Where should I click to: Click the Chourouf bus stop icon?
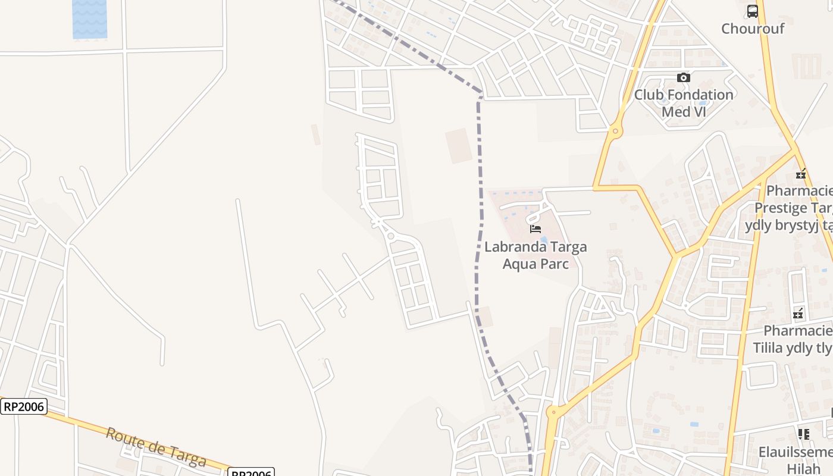click(x=753, y=11)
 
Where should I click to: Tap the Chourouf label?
click(x=753, y=29)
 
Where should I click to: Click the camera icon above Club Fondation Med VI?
click(x=684, y=77)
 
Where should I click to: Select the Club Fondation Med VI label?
click(x=684, y=103)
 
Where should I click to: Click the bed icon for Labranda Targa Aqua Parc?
click(x=535, y=228)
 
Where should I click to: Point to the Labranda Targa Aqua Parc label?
click(x=535, y=255)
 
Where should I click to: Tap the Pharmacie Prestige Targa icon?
click(x=801, y=174)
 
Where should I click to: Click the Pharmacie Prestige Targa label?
click(x=794, y=208)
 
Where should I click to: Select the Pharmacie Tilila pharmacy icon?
click(x=798, y=314)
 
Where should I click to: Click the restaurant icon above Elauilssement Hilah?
click(x=804, y=434)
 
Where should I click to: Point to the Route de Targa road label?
click(x=156, y=447)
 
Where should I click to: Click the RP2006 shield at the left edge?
click(x=24, y=406)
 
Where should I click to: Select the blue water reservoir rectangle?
click(x=90, y=19)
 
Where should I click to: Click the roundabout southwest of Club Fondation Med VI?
click(x=615, y=130)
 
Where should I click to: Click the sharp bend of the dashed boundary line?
click(x=480, y=95)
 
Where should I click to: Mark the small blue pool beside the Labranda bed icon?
click(x=544, y=240)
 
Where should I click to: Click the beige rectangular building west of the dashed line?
click(x=459, y=145)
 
